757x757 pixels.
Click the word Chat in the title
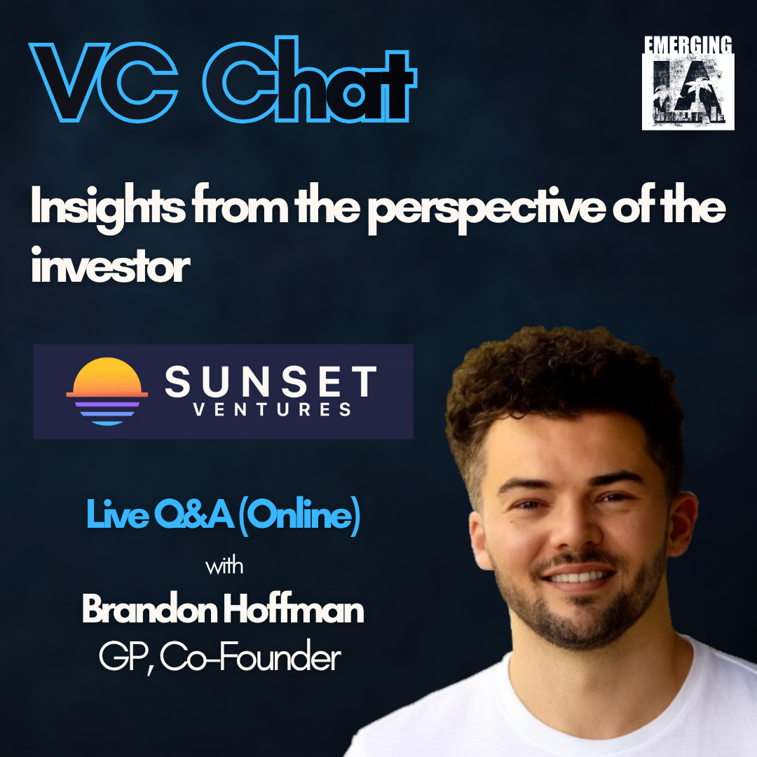[310, 79]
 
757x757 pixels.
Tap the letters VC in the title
[103, 83]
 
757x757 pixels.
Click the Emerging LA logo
[688, 83]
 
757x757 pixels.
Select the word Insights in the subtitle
[108, 209]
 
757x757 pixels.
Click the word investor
[111, 265]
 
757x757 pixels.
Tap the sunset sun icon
[107, 392]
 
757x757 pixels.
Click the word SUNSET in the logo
[271, 381]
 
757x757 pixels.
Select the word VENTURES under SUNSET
[272, 409]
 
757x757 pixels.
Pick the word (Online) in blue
[299, 516]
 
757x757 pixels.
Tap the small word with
[224, 566]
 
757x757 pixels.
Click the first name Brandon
[150, 609]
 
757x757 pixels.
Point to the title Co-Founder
[250, 657]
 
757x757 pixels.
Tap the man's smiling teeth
[580, 576]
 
